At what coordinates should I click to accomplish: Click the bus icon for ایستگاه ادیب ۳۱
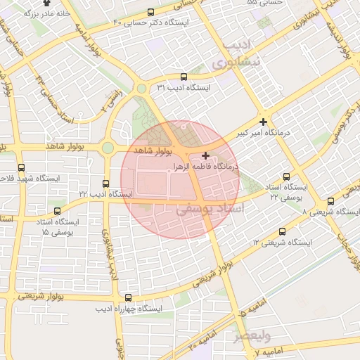pos(184,77)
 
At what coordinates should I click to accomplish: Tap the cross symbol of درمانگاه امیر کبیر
pos(263,122)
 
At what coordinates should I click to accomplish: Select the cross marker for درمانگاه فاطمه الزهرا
pos(205,155)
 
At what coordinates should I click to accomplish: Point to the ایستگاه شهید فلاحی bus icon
pos(21,168)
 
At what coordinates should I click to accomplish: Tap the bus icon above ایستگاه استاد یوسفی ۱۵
pos(57,210)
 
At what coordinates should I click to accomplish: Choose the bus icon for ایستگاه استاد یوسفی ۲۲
pos(285,177)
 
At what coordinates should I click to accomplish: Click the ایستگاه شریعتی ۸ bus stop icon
pos(330,200)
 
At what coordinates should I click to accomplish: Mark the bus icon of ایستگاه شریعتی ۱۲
pos(282,231)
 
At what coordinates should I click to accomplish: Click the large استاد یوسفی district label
pos(210,209)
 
